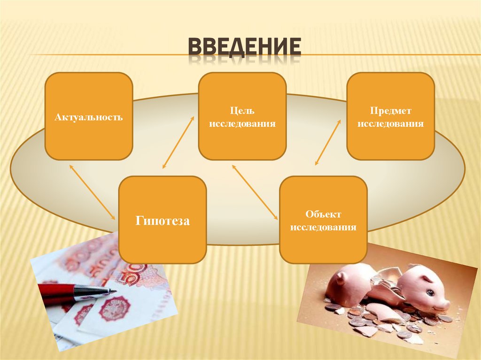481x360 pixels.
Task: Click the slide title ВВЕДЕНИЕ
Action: click(244, 48)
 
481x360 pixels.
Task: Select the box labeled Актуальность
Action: click(88, 116)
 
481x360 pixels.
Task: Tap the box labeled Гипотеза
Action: click(163, 220)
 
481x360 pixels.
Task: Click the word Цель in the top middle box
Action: click(242, 111)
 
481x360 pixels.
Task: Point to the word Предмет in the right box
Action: click(390, 111)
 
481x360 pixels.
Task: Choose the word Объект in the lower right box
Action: click(323, 214)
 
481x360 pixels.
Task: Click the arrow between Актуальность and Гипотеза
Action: click(92, 191)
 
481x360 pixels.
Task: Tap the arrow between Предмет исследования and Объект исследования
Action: click(328, 142)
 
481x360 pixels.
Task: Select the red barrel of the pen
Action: click(56, 293)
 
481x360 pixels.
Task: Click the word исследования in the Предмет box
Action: click(390, 124)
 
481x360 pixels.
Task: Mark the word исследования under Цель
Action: click(242, 124)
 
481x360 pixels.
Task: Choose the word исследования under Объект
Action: click(323, 228)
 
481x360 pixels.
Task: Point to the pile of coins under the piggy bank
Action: click(376, 324)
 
